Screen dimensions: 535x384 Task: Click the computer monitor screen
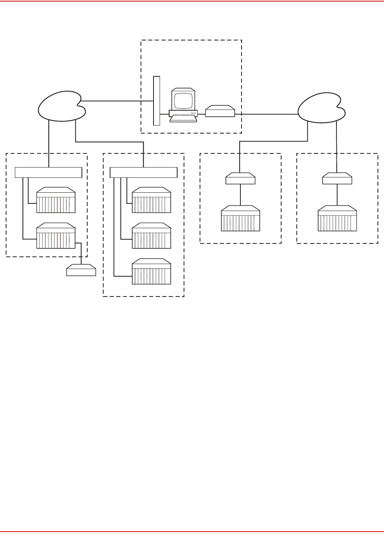click(183, 100)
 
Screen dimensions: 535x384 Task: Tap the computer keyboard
click(183, 118)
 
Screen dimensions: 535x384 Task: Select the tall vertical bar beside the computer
click(156, 101)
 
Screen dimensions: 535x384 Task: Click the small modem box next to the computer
click(220, 111)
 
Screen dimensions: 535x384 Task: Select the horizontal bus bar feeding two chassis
click(48, 172)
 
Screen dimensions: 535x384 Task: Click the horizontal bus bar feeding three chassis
click(144, 172)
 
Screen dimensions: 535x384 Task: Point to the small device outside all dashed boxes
click(81, 270)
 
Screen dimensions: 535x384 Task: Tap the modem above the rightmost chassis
click(337, 179)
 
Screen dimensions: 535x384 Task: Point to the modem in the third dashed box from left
click(240, 179)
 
